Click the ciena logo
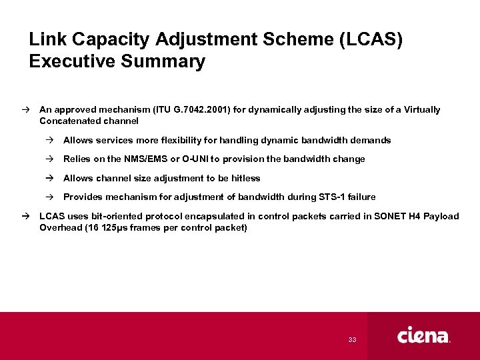tap(423, 335)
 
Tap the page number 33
tap(352, 340)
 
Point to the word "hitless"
tap(245, 178)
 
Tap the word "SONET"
tap(391, 216)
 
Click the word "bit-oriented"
tap(113, 216)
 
